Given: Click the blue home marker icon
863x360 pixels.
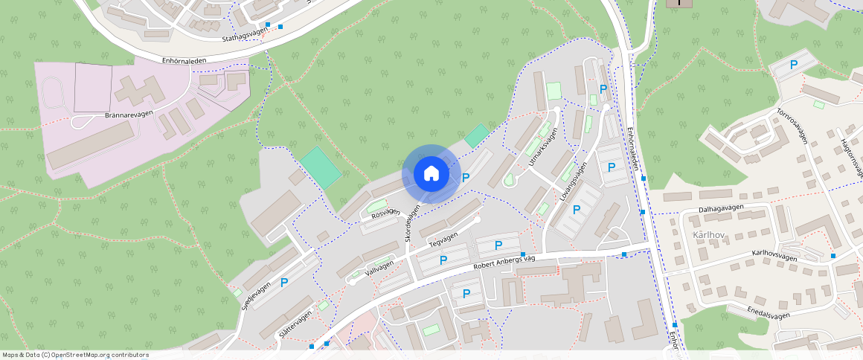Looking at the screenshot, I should pos(431,174).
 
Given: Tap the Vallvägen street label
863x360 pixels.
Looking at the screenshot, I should pos(379,266).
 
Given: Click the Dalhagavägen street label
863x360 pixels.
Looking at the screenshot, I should pos(723,210).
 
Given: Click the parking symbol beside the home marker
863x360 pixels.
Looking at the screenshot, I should pos(466,178).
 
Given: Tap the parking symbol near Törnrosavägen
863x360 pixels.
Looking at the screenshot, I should pos(794,65).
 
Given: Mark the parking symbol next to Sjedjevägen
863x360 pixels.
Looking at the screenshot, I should pos(283,283).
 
